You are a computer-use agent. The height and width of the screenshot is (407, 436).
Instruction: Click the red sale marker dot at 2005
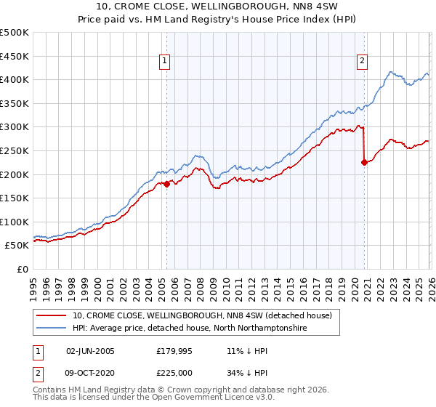(166, 184)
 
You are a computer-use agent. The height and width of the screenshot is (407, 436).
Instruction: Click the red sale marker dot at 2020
(364, 163)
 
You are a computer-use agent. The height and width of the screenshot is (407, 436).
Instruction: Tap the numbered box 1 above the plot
(166, 61)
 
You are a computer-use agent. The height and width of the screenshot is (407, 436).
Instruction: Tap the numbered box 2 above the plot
(362, 61)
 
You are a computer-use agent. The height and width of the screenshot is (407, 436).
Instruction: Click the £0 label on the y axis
(22, 270)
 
